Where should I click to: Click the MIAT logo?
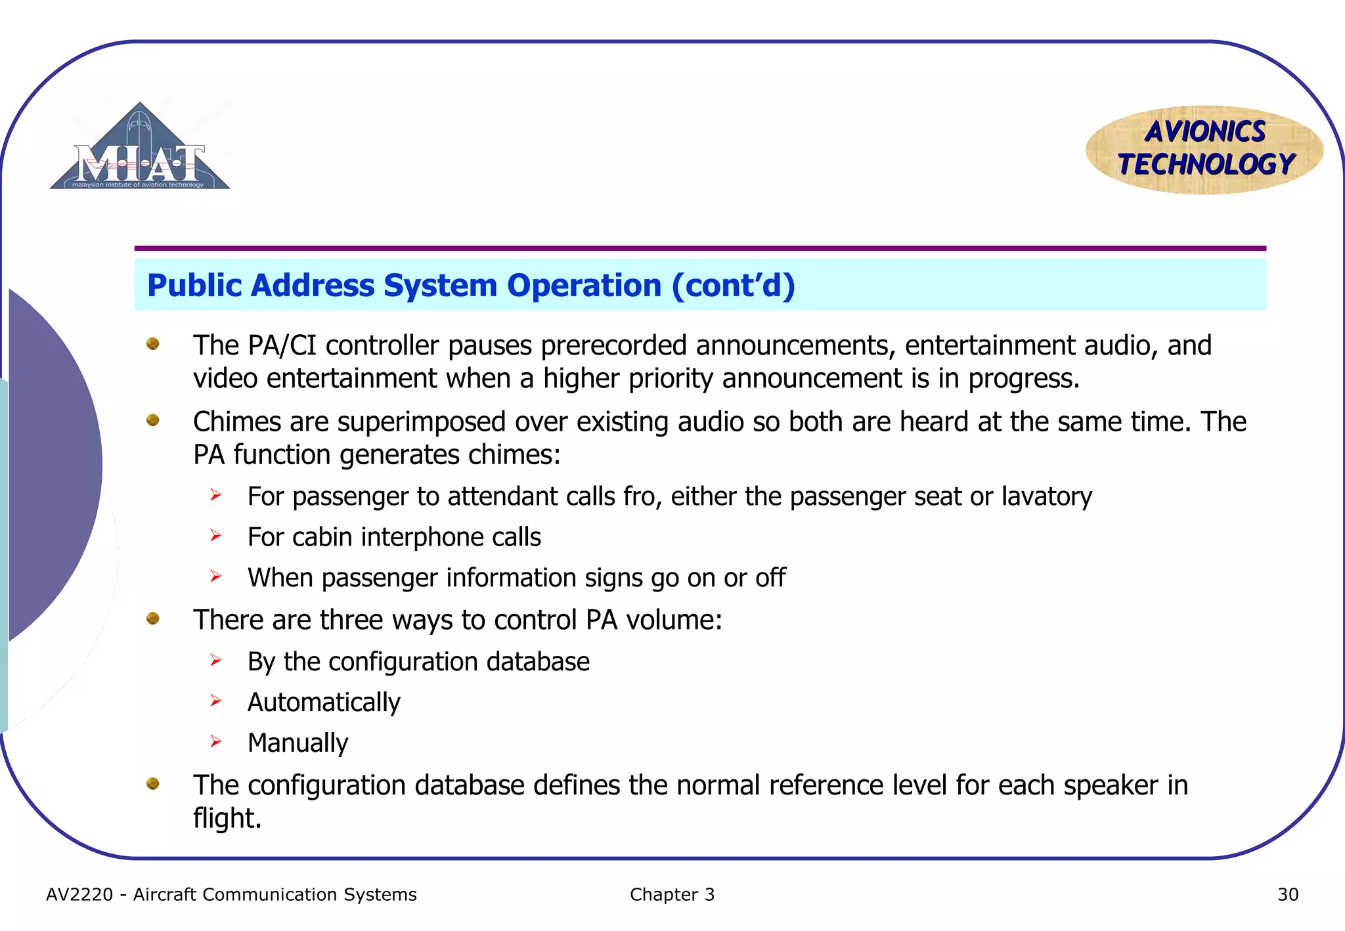[x=140, y=148]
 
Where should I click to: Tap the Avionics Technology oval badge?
[x=1204, y=150]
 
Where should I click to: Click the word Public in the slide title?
[x=194, y=286]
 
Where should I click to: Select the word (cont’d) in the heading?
[x=733, y=286]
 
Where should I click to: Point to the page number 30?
[x=1287, y=894]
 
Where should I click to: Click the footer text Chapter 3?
[x=672, y=894]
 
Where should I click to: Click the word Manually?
[x=298, y=743]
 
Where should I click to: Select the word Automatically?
[x=324, y=703]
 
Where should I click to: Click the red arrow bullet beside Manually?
[x=216, y=742]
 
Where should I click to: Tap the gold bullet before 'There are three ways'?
[x=153, y=618]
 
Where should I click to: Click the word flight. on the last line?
[x=227, y=819]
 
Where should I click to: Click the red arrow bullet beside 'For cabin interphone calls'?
[x=216, y=536]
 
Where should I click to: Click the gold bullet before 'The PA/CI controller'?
[x=153, y=343]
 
